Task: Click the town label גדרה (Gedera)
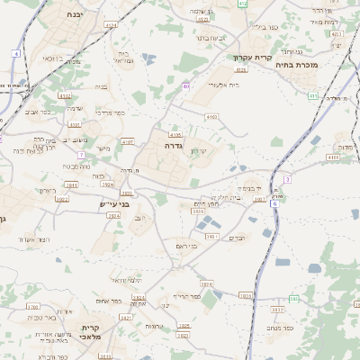tap(174, 144)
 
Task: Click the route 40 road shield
tap(186, 86)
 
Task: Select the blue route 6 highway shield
tap(274, 204)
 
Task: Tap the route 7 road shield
tap(81, 155)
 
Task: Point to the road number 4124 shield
tap(111, 25)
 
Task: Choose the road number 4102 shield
tap(64, 94)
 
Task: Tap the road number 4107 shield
tap(127, 141)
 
